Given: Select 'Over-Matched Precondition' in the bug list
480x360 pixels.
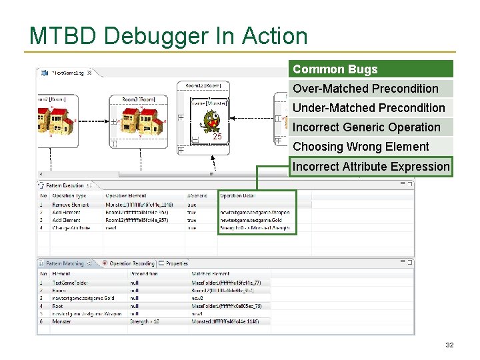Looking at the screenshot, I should tap(365, 89).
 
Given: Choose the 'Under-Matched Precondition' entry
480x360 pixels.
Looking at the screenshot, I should tap(369, 108).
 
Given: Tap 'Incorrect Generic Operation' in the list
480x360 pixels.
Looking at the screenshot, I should tap(367, 127).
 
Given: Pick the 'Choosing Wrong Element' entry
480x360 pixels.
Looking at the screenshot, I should tap(361, 147).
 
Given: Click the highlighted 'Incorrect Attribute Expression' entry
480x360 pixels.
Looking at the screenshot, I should tap(371, 167).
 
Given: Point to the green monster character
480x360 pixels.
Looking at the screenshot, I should tap(212, 121).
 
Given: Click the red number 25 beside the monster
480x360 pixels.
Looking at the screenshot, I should tap(217, 137).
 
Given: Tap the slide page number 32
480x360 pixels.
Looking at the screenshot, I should tap(449, 345).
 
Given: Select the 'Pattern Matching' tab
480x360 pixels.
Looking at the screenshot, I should tap(64, 263).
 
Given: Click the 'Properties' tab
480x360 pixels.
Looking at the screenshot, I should tap(177, 263).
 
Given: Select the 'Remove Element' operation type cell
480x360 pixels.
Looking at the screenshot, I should tap(70, 205).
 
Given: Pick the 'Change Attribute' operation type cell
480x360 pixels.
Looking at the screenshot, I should tap(71, 228).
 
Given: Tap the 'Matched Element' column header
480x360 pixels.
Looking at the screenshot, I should tap(210, 273).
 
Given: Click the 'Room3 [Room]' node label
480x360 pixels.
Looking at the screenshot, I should tap(138, 99).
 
